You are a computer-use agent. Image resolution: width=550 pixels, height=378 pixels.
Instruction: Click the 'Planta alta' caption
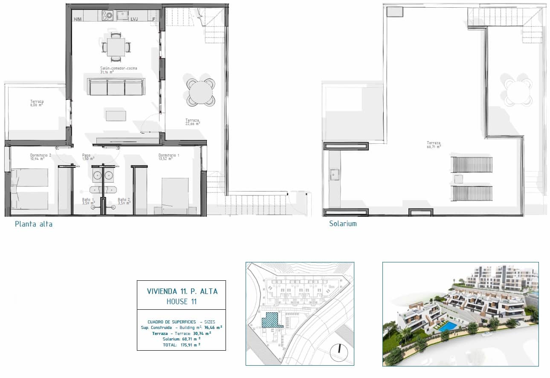[34, 224]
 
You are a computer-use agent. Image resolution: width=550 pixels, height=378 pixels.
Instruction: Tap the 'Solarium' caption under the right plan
[342, 224]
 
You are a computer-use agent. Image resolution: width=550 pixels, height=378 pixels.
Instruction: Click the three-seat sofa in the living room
[116, 87]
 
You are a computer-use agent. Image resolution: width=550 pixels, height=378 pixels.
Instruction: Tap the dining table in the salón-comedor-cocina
[116, 47]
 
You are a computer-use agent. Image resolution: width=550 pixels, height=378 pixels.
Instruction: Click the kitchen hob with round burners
[107, 16]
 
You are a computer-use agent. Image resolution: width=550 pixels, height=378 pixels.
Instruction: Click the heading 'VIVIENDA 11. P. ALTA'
[182, 291]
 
